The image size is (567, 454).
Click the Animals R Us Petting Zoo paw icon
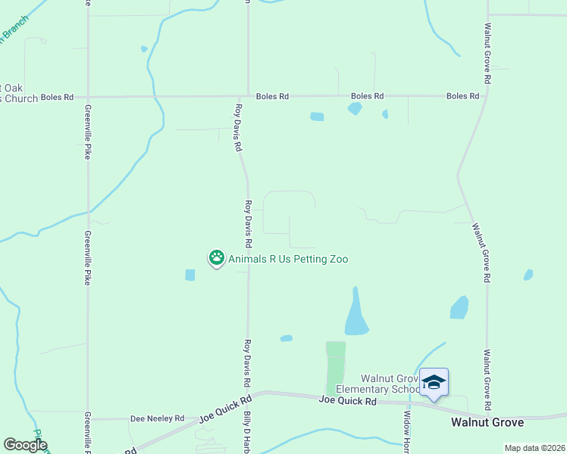(x=217, y=258)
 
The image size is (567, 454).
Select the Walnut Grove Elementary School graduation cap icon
(x=434, y=381)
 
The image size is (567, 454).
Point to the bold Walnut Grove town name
(x=486, y=421)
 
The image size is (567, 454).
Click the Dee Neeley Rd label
(x=158, y=418)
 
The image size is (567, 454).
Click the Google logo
(x=25, y=445)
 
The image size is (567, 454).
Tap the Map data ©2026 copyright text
(x=534, y=448)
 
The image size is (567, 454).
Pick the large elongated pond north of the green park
(x=356, y=314)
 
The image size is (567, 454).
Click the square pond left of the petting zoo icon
(x=190, y=275)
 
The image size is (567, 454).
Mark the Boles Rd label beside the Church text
(x=58, y=97)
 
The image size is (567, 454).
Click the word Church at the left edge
(x=21, y=98)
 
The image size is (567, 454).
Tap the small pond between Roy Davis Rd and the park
(x=286, y=338)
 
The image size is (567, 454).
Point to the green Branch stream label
(x=14, y=31)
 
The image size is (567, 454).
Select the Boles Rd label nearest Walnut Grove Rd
(x=462, y=96)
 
